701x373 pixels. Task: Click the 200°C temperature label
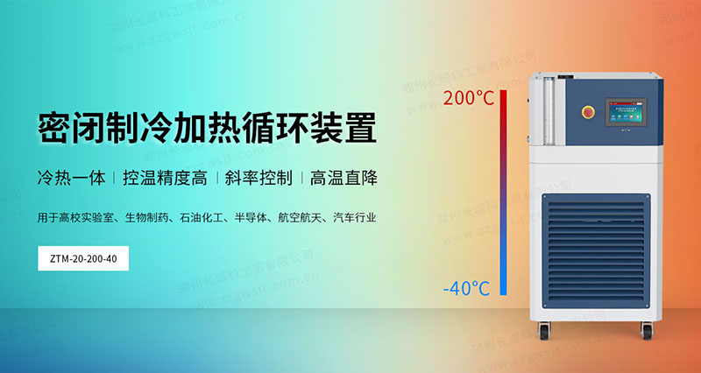469,97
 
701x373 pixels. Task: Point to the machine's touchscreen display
620,110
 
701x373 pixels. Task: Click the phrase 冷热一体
71,178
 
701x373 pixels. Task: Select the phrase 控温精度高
166,178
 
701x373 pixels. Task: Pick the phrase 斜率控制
258,178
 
